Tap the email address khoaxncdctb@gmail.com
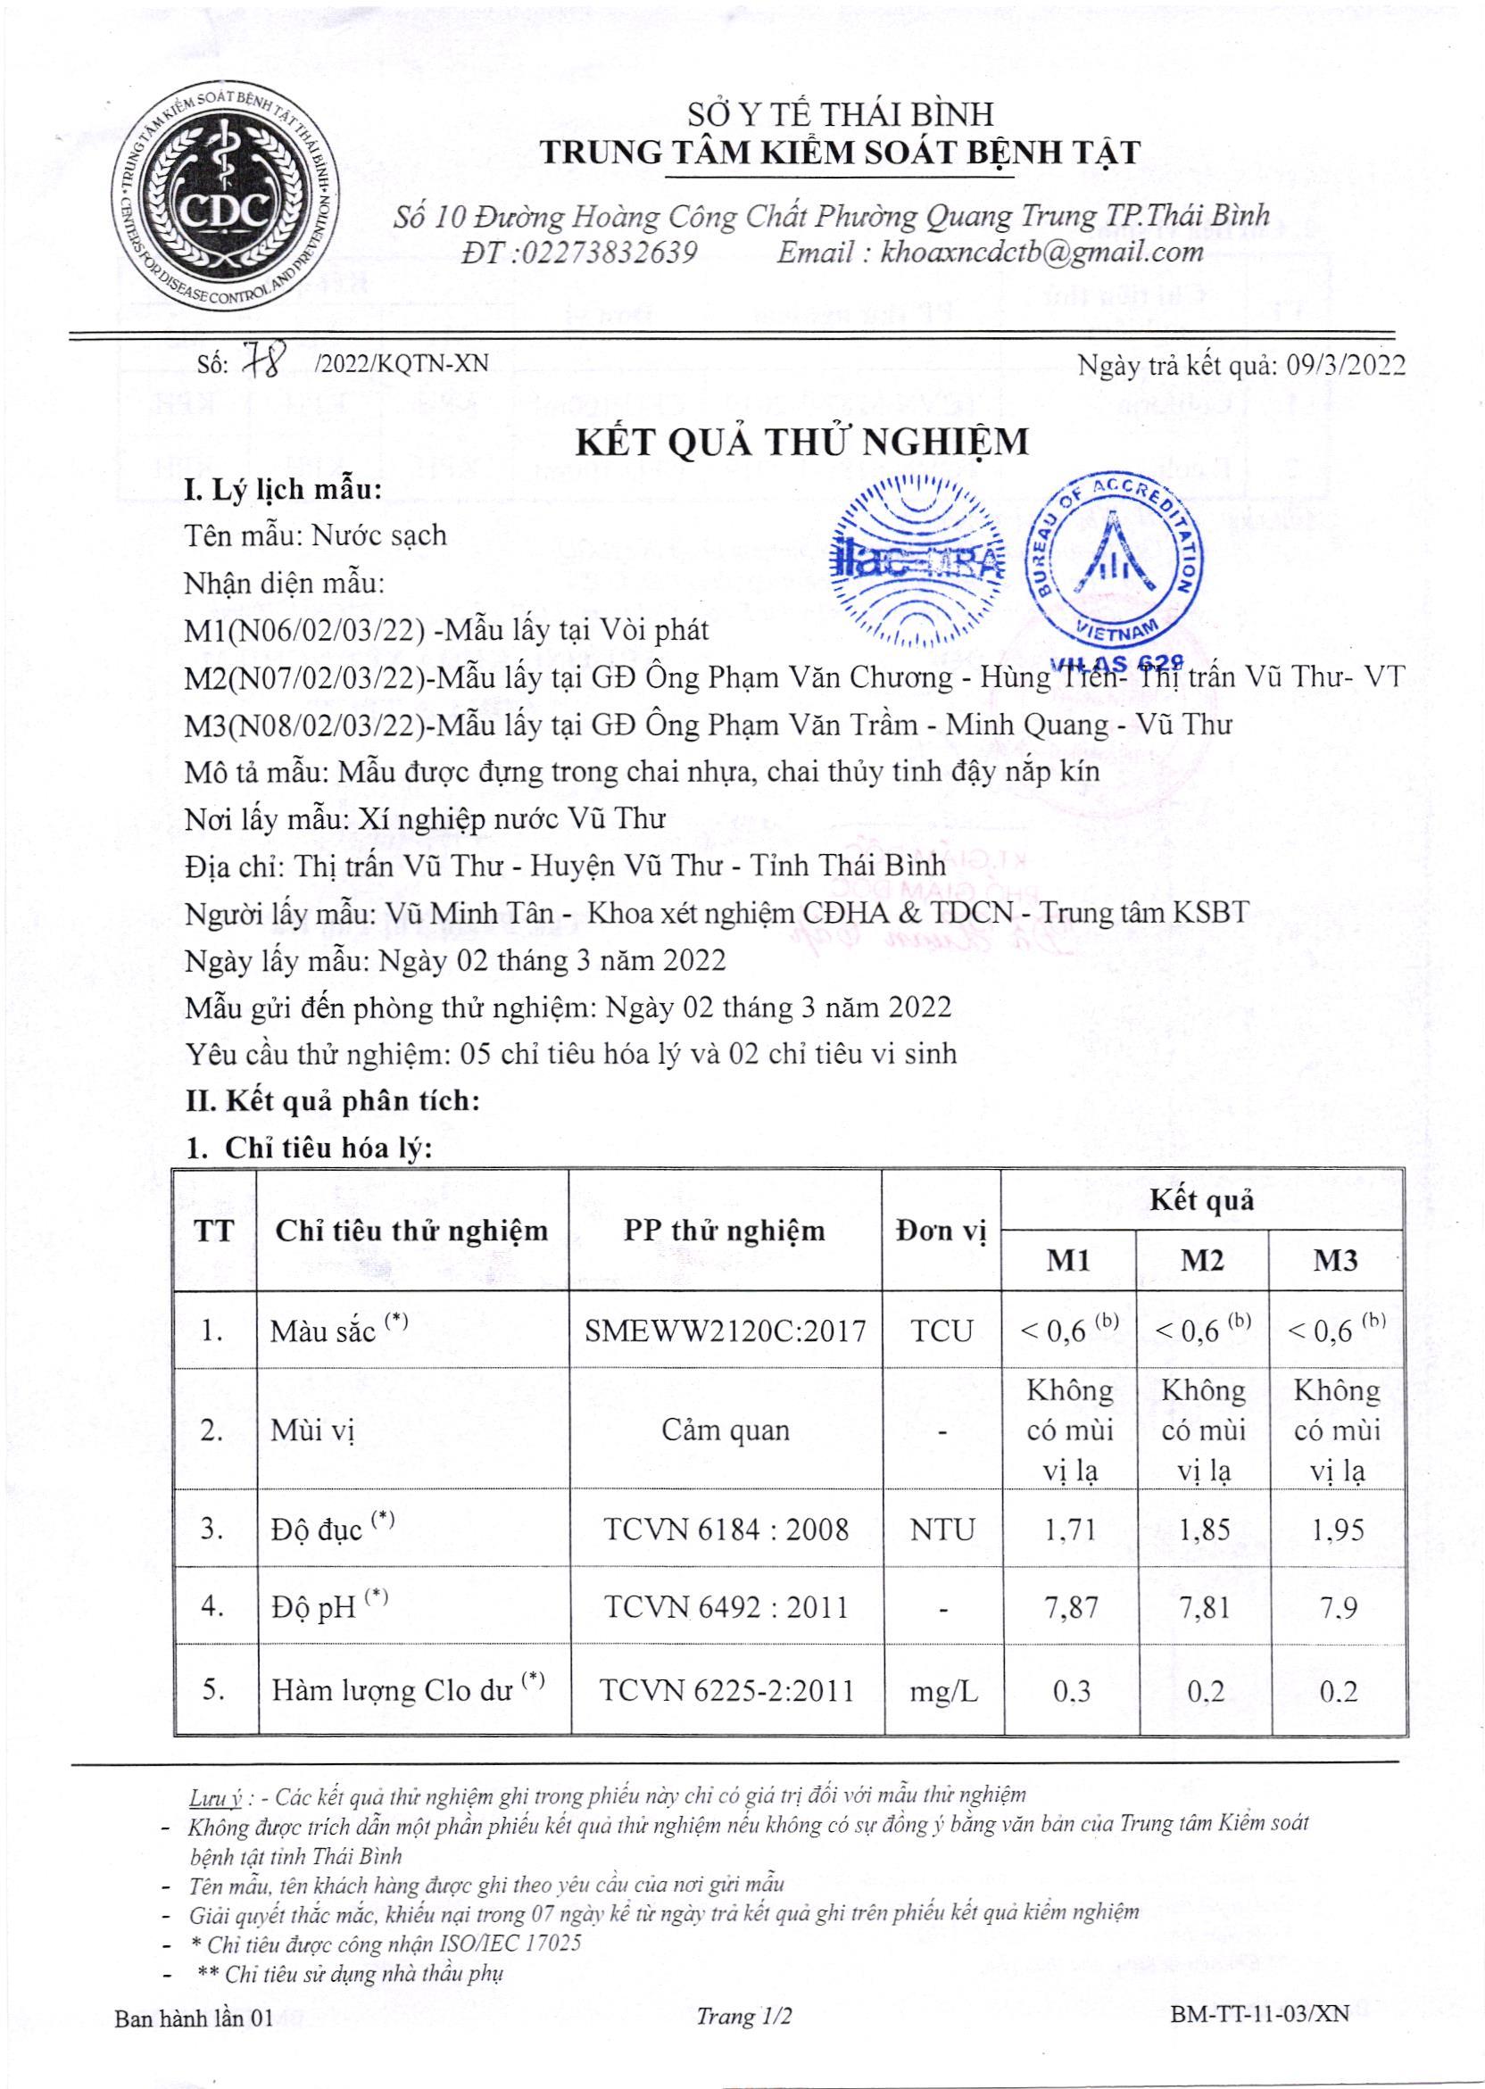(1041, 253)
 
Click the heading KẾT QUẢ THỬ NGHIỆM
(801, 443)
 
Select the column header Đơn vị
(941, 1231)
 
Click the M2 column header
(1202, 1261)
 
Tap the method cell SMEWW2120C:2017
(726, 1330)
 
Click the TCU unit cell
(942, 1330)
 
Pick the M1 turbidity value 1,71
(1070, 1529)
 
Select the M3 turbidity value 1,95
(1337, 1529)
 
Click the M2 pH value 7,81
(1202, 1606)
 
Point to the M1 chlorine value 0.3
(1070, 1691)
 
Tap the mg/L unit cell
(942, 1691)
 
